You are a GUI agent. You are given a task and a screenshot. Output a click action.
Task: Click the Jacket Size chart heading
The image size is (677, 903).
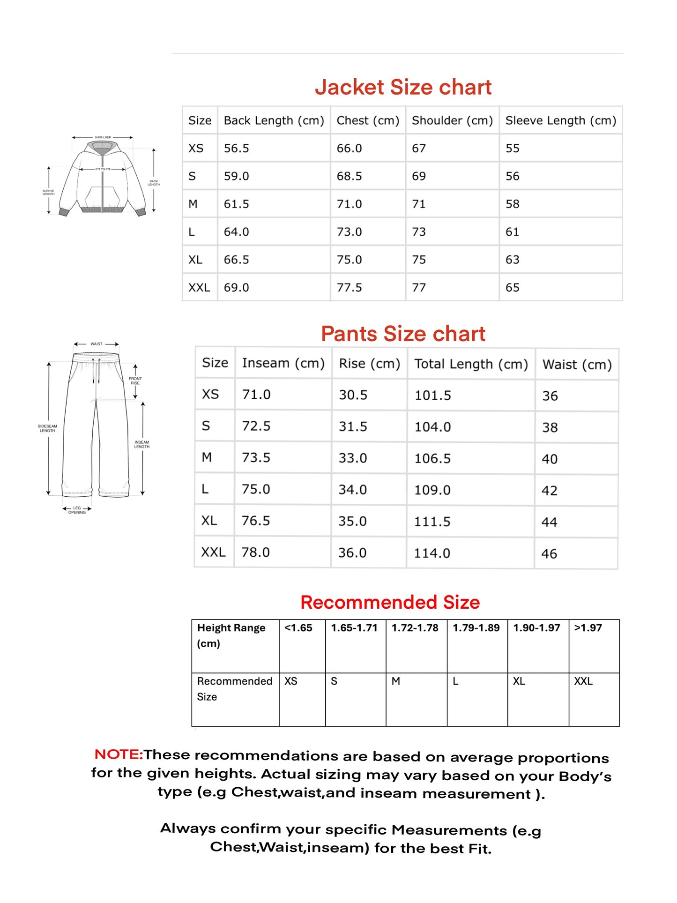403,87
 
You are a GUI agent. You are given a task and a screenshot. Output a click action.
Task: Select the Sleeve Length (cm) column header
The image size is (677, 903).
560,120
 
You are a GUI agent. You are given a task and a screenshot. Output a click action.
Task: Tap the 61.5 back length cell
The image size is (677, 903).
237,204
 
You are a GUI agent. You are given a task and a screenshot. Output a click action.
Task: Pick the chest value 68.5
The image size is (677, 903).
349,176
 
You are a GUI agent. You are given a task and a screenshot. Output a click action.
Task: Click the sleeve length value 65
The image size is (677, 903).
512,287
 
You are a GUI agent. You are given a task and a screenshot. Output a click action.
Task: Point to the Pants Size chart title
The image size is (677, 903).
403,334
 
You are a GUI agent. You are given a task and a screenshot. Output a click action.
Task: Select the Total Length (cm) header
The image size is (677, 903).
471,364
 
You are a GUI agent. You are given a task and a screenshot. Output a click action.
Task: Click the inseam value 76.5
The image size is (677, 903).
256,521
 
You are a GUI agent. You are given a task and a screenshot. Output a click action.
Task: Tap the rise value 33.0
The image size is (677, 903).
353,458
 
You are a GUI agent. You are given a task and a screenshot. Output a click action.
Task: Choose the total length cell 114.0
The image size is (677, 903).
432,553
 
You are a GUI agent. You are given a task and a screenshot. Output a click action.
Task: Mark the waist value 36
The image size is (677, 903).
550,396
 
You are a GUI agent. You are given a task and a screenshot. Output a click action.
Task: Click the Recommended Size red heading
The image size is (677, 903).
390,602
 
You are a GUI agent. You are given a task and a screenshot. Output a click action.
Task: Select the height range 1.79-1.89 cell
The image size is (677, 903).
476,628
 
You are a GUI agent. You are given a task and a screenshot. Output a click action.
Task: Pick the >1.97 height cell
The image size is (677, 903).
588,628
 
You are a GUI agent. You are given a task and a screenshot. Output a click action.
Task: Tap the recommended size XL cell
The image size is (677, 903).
519,681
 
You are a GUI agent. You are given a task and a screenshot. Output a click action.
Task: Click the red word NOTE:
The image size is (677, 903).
119,754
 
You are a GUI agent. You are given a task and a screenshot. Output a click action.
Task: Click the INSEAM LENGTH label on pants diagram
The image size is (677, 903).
141,444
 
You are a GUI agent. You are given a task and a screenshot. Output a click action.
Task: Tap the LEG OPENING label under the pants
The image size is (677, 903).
77,510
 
